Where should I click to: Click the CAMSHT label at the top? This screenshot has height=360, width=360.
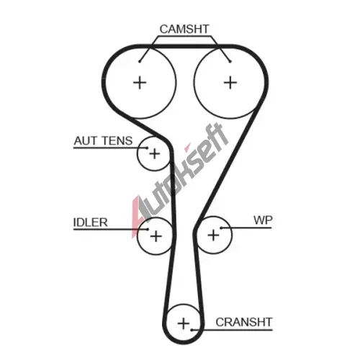pos(184,29)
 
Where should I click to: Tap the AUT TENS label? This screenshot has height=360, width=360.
pos(103,141)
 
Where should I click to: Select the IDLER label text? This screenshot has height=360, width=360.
pos(90,222)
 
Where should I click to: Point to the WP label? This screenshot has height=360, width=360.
pos(263,220)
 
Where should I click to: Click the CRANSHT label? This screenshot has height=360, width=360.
pos(244,322)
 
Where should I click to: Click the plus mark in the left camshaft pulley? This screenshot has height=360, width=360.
pos(140,83)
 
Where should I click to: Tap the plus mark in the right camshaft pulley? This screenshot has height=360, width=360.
pos(230,83)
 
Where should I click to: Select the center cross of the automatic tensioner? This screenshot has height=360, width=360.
pos(155,153)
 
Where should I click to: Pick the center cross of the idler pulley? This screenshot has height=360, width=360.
pos(156,236)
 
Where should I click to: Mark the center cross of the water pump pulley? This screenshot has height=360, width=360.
pos(213,235)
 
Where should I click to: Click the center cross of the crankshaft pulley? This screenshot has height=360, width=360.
pos(184,323)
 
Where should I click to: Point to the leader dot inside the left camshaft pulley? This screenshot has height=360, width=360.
pos(140,62)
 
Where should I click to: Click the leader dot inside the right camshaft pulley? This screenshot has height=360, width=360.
pos(230,62)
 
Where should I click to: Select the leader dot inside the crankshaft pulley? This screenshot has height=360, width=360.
pos(192,330)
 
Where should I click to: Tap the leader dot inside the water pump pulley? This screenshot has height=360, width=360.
pos(221,228)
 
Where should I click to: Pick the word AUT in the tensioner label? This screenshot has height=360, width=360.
pos(85,141)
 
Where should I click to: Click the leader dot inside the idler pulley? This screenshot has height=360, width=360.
pos(148,230)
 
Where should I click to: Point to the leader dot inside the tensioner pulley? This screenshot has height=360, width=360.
pos(147,148)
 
